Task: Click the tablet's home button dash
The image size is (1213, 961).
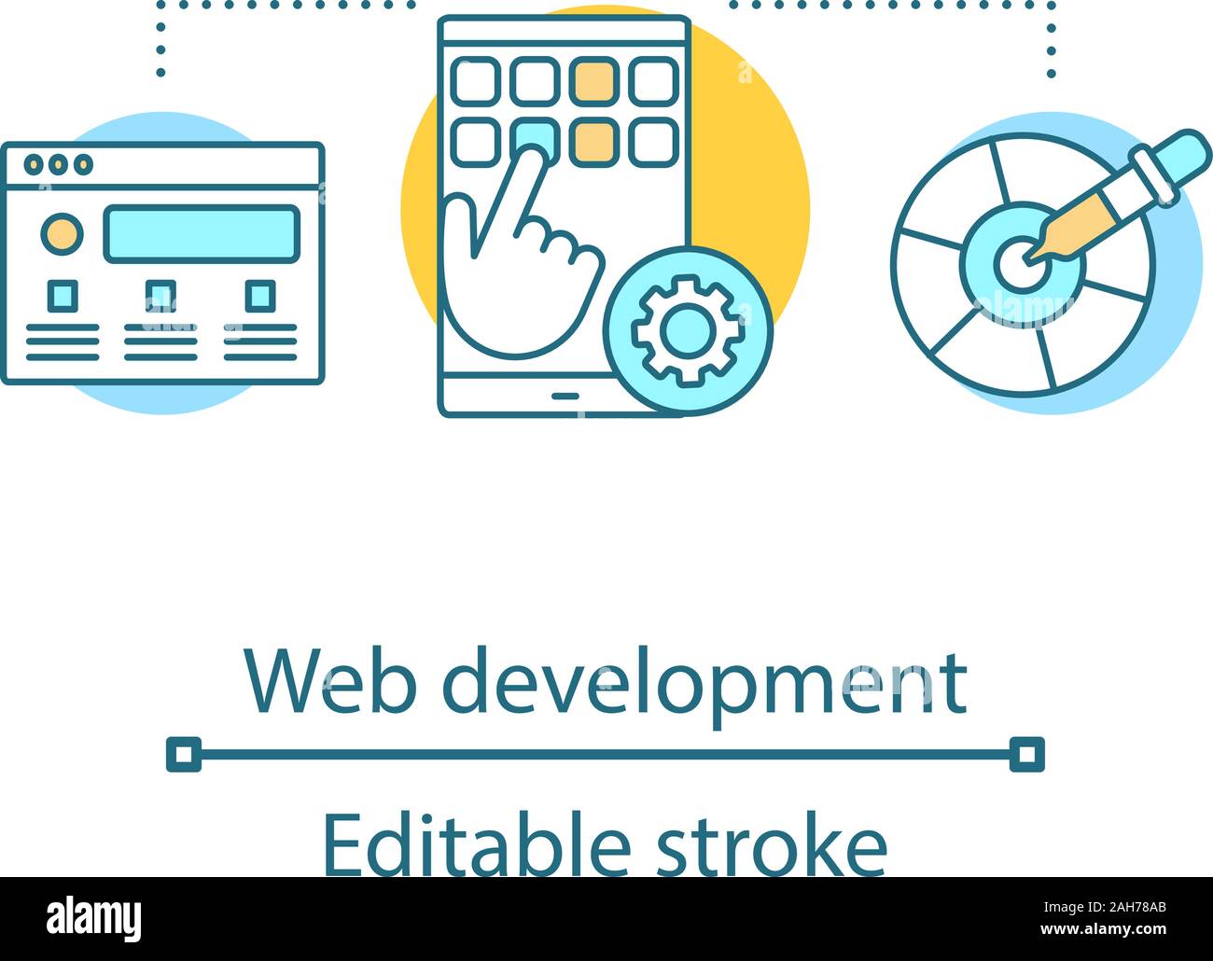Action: (x=565, y=395)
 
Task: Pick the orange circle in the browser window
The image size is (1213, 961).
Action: (x=62, y=233)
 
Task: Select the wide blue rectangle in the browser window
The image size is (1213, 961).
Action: (x=201, y=233)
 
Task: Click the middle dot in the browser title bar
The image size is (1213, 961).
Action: (x=60, y=165)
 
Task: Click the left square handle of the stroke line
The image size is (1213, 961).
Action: (x=184, y=754)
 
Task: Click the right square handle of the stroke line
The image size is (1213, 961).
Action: (x=1027, y=754)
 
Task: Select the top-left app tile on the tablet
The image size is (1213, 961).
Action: (x=475, y=80)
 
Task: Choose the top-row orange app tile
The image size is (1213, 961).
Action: (x=594, y=80)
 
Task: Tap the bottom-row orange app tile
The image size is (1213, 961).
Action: (x=594, y=142)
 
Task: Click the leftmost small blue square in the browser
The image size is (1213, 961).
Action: (x=63, y=296)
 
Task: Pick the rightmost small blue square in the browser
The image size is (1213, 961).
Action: (x=259, y=296)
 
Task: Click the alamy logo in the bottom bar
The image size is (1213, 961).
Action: (x=94, y=918)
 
